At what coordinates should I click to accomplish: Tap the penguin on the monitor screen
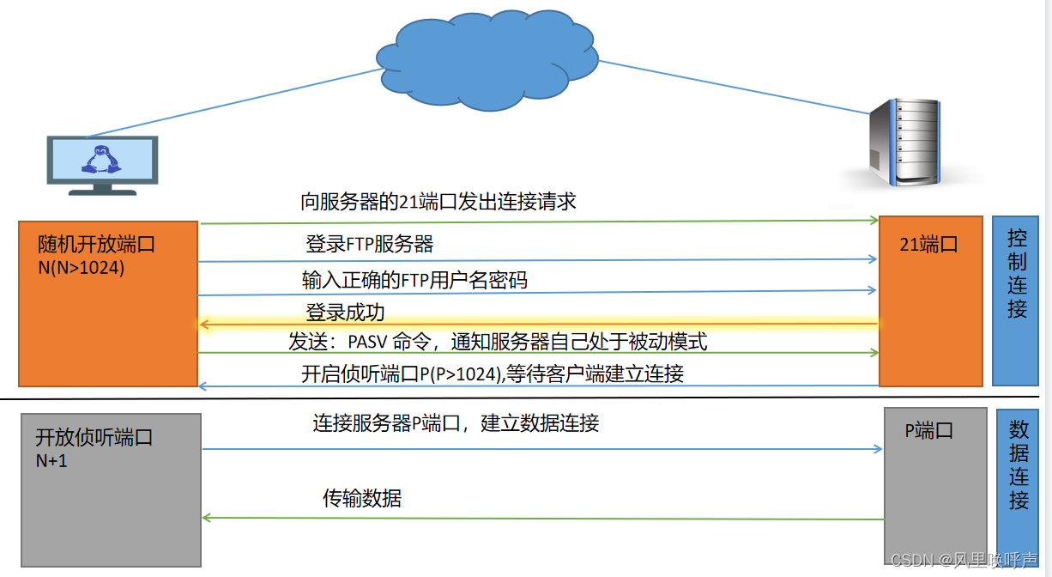tap(100, 160)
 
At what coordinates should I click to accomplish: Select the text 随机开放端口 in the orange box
tap(96, 245)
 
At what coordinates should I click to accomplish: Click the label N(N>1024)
tap(81, 267)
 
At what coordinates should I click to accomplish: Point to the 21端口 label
tap(928, 245)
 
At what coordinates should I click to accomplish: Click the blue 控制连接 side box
tap(1016, 301)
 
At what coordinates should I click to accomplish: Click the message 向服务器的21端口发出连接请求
tap(438, 202)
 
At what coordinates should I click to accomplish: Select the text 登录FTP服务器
tap(369, 244)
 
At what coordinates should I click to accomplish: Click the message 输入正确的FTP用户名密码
tap(414, 280)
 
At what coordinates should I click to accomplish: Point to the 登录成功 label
tap(345, 312)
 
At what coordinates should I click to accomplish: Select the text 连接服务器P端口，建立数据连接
tap(455, 423)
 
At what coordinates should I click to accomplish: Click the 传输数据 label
tap(361, 498)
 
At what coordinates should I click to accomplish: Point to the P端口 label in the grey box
tap(929, 431)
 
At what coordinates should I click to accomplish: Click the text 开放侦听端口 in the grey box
tap(94, 437)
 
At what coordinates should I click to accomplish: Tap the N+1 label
tap(51, 460)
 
